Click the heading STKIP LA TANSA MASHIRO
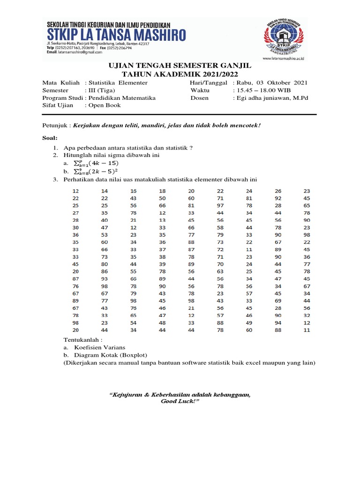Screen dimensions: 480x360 click(116, 35)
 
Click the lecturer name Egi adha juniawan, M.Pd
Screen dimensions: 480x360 click(272, 98)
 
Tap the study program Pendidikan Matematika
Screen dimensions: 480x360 click(122, 98)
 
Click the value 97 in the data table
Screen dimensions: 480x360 click(220, 206)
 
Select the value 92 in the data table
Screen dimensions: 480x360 click(278, 198)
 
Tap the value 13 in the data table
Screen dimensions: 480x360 click(163, 220)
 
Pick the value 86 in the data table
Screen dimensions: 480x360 click(105, 271)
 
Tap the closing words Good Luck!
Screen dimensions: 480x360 click(180, 402)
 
